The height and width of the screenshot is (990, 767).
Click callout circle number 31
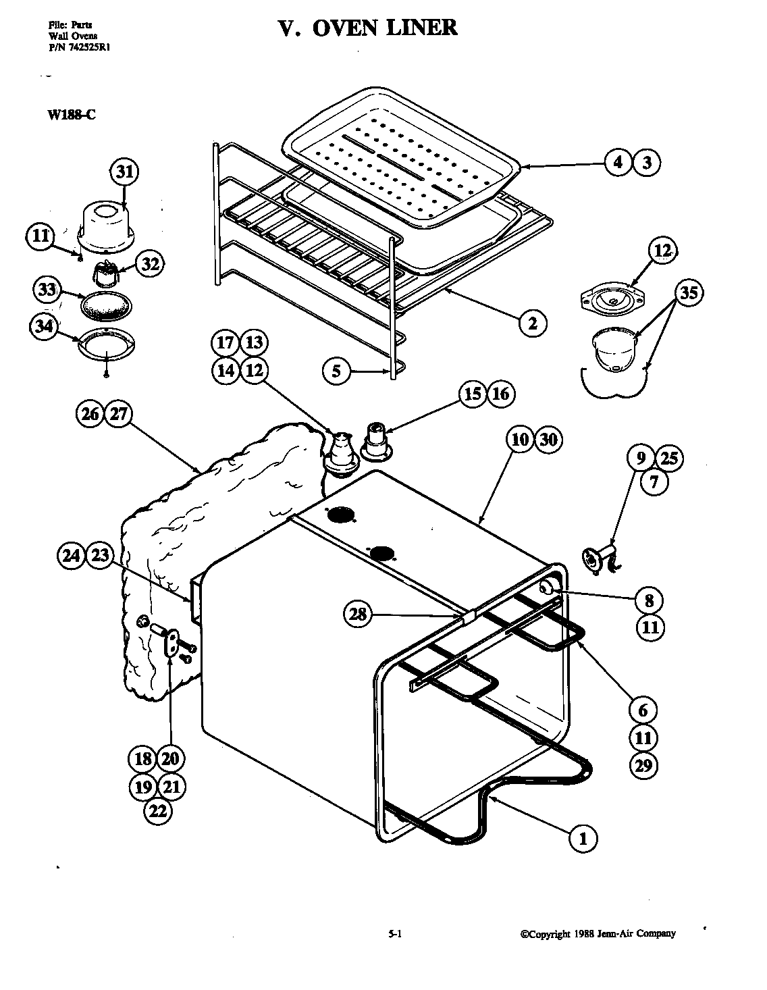click(125, 172)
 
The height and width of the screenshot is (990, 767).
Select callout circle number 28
click(359, 613)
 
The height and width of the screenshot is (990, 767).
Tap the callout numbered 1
click(584, 839)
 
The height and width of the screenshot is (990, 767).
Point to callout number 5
click(337, 370)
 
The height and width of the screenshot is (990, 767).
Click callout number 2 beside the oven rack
click(533, 323)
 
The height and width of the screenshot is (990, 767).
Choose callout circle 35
click(689, 292)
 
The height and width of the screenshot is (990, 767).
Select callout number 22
click(157, 811)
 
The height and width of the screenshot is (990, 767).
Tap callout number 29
click(643, 765)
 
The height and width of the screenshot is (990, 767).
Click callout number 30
click(548, 440)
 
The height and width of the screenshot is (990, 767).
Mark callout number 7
click(654, 481)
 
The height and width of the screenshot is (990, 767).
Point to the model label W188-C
click(71, 114)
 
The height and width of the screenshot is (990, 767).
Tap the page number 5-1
click(396, 935)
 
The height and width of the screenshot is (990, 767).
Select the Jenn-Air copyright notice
click(598, 934)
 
